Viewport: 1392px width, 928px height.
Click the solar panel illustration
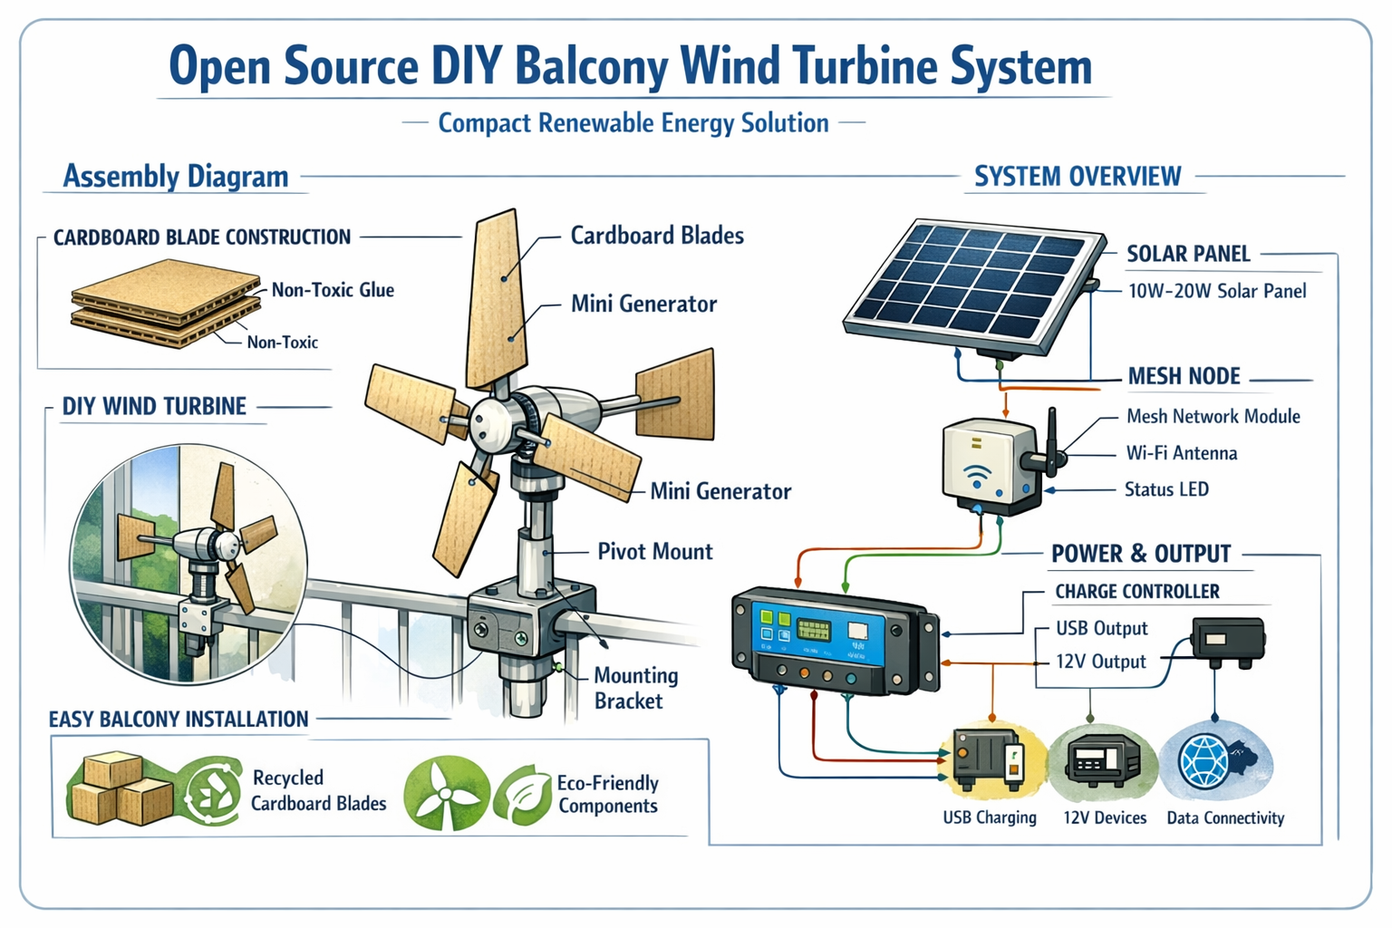[974, 289]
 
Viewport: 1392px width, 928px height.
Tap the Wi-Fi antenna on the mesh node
[1050, 442]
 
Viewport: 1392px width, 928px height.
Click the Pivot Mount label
[655, 551]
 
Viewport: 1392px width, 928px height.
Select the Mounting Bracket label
[635, 688]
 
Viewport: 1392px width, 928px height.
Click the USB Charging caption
[990, 817]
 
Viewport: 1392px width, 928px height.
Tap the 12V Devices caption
[1105, 817]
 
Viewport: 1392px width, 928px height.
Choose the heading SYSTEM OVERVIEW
[1078, 176]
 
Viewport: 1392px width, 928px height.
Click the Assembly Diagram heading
[176, 176]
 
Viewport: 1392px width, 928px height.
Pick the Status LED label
[1166, 489]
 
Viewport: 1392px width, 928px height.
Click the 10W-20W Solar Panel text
[1217, 291]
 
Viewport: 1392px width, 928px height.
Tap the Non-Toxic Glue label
[333, 290]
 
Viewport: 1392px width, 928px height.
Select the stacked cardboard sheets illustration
[166, 303]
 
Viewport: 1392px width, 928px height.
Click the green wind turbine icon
[445, 793]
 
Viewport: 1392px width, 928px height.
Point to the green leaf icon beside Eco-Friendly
[523, 793]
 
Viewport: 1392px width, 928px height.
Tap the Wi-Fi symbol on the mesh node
[977, 476]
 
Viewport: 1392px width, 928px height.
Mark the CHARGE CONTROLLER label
[1137, 591]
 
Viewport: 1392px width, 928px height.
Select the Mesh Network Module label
[1213, 416]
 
